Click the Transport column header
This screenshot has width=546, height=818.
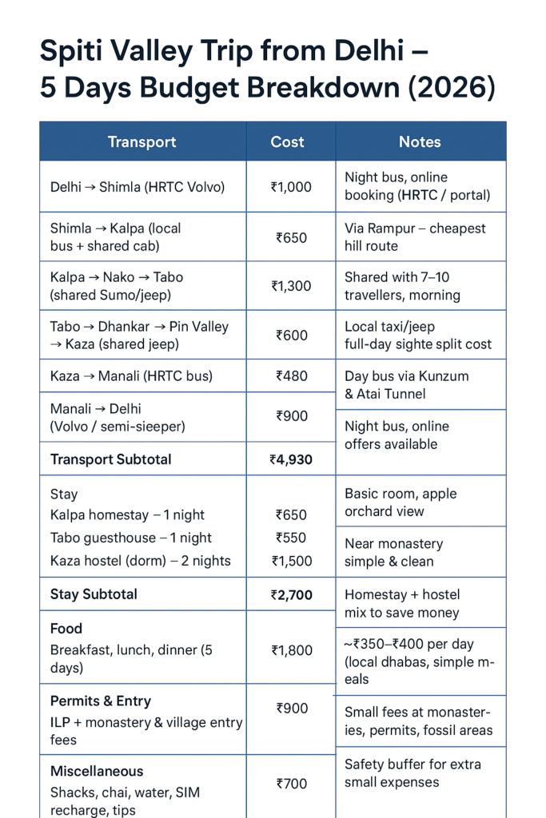[x=141, y=142]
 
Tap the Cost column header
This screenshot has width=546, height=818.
[x=287, y=142]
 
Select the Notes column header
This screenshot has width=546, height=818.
[x=420, y=142]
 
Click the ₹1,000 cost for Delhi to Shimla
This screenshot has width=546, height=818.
[x=291, y=187]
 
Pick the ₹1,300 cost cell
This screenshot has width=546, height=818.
[x=291, y=286]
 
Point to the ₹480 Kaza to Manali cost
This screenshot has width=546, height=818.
[x=292, y=375]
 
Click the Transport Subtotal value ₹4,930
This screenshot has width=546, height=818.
[x=291, y=459]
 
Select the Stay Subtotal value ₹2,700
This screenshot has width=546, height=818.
[x=291, y=594]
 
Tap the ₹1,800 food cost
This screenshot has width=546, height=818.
[x=291, y=650]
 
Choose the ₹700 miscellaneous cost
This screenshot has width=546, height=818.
[x=292, y=784]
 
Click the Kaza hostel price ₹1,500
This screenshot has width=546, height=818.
[x=291, y=561]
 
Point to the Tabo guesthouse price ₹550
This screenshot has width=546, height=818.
[x=292, y=538]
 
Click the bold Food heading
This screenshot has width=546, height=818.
[x=66, y=629]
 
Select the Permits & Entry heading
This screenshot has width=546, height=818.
[x=101, y=701]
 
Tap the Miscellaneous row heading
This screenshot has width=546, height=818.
[x=97, y=771]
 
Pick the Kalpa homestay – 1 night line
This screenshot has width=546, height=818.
[x=127, y=515]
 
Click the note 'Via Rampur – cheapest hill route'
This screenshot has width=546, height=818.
[x=415, y=237]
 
